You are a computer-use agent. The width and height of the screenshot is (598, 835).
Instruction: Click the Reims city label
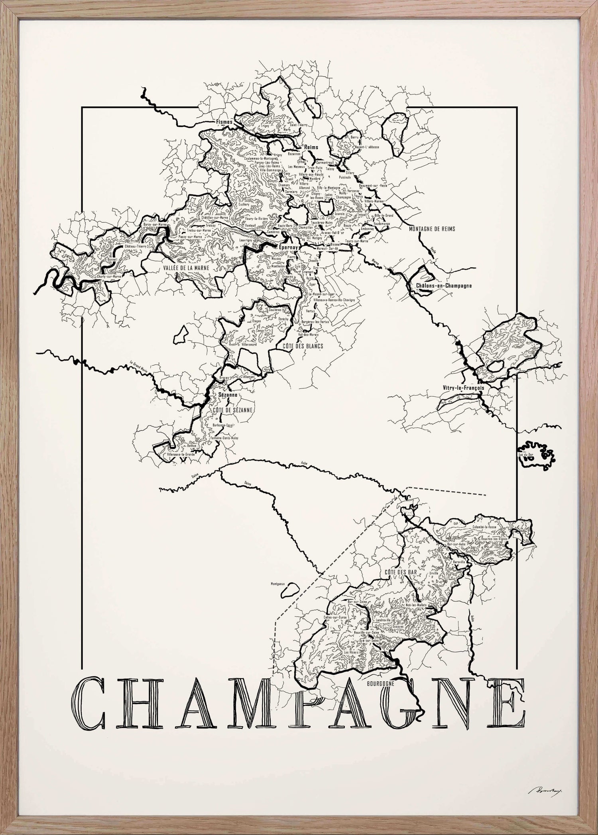(x=311, y=147)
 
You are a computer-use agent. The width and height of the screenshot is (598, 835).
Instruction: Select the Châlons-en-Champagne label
(x=443, y=286)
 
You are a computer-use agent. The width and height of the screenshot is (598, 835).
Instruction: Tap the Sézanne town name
(x=228, y=394)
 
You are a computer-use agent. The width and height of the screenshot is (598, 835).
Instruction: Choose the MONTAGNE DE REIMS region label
(x=432, y=229)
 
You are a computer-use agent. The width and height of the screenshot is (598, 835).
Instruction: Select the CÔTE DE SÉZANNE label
(x=228, y=409)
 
